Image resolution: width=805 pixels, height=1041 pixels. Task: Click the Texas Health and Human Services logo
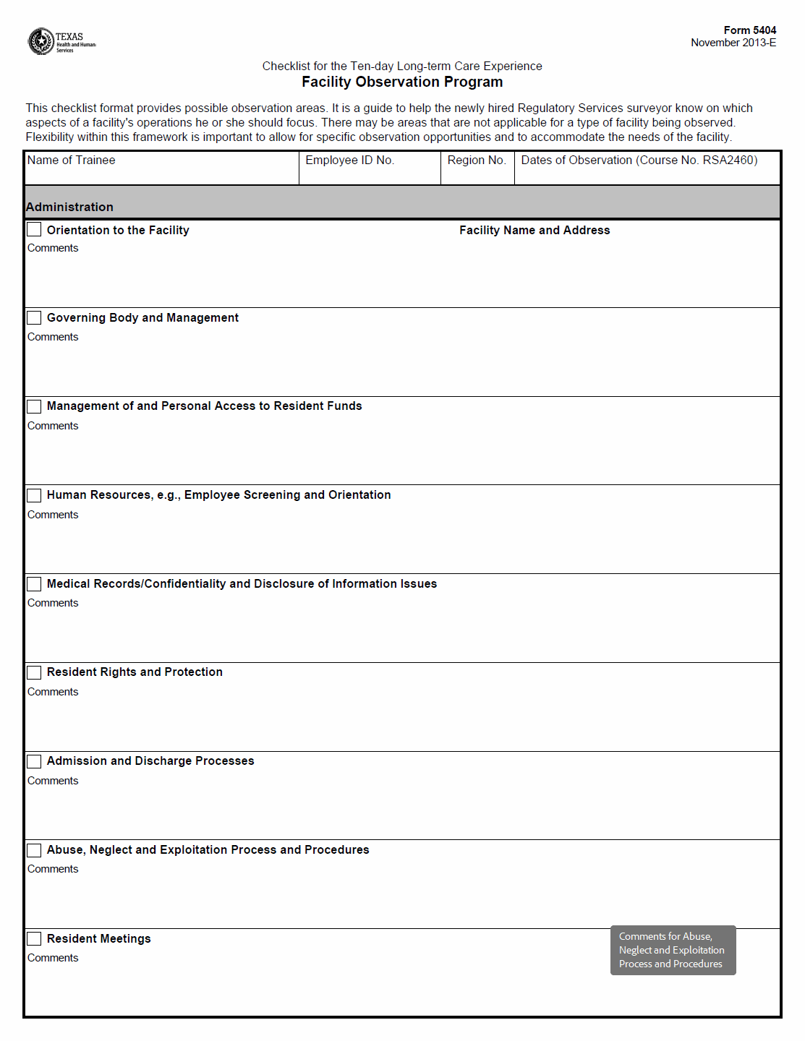click(61, 41)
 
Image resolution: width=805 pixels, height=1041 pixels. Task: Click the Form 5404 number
click(749, 30)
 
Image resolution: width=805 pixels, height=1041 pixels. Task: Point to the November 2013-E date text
click(733, 43)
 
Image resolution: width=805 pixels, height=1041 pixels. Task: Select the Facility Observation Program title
click(402, 82)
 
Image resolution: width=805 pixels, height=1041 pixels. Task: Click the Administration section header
click(69, 207)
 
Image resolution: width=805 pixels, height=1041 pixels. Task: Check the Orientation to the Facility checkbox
click(34, 230)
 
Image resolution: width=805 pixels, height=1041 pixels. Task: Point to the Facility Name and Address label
click(534, 230)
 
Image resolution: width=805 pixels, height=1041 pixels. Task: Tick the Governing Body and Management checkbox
click(34, 318)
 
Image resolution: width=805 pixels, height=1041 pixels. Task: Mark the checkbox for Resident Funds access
click(34, 406)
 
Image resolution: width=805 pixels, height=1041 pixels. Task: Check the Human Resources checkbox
click(34, 495)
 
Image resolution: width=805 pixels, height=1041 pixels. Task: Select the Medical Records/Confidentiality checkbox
click(34, 584)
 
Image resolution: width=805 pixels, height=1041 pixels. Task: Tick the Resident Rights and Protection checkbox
click(34, 672)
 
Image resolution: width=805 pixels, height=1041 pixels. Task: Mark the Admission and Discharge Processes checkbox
click(34, 761)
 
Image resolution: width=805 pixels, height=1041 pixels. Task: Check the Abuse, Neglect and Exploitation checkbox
click(34, 850)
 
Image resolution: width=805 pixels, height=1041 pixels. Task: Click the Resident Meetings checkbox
click(34, 938)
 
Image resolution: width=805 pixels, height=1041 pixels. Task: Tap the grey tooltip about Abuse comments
click(673, 950)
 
